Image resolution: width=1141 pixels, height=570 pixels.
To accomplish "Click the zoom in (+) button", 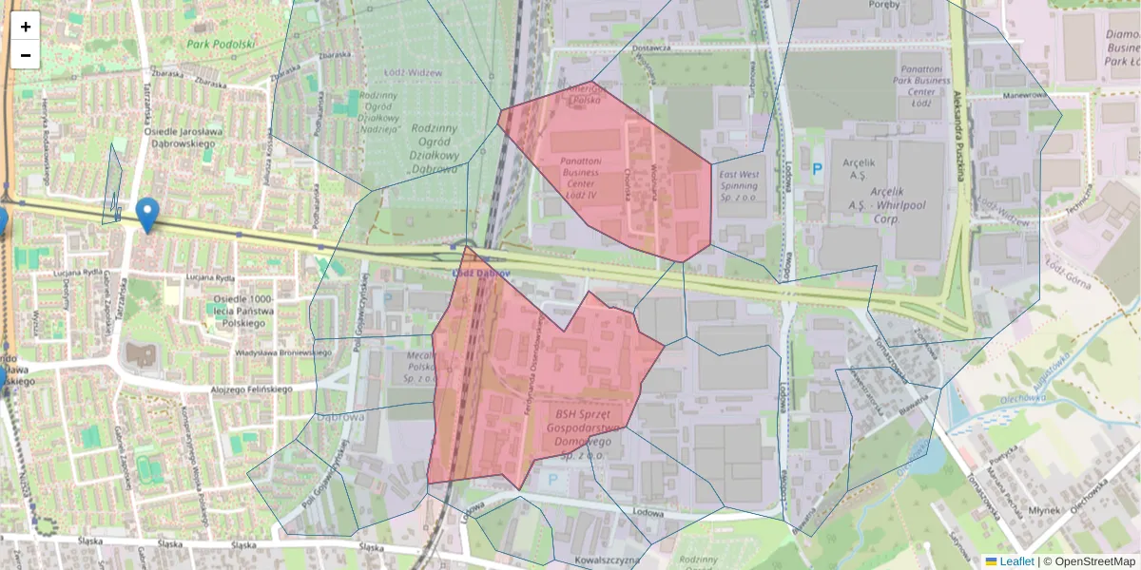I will (x=26, y=27).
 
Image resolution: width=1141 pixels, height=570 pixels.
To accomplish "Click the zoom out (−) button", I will (x=26, y=55).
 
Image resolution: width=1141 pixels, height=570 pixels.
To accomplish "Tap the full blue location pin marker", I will (x=147, y=215).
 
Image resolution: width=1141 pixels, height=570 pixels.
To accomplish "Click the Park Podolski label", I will (x=221, y=44).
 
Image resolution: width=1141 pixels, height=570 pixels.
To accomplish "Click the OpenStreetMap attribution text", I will (x=1093, y=561).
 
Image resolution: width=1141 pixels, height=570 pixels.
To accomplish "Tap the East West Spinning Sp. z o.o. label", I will (x=739, y=187).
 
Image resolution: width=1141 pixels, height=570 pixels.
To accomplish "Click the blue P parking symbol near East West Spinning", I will (x=817, y=169).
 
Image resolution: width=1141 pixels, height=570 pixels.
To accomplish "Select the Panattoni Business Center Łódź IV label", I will (x=580, y=178).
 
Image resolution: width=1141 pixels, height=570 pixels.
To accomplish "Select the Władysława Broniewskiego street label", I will (x=283, y=352).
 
